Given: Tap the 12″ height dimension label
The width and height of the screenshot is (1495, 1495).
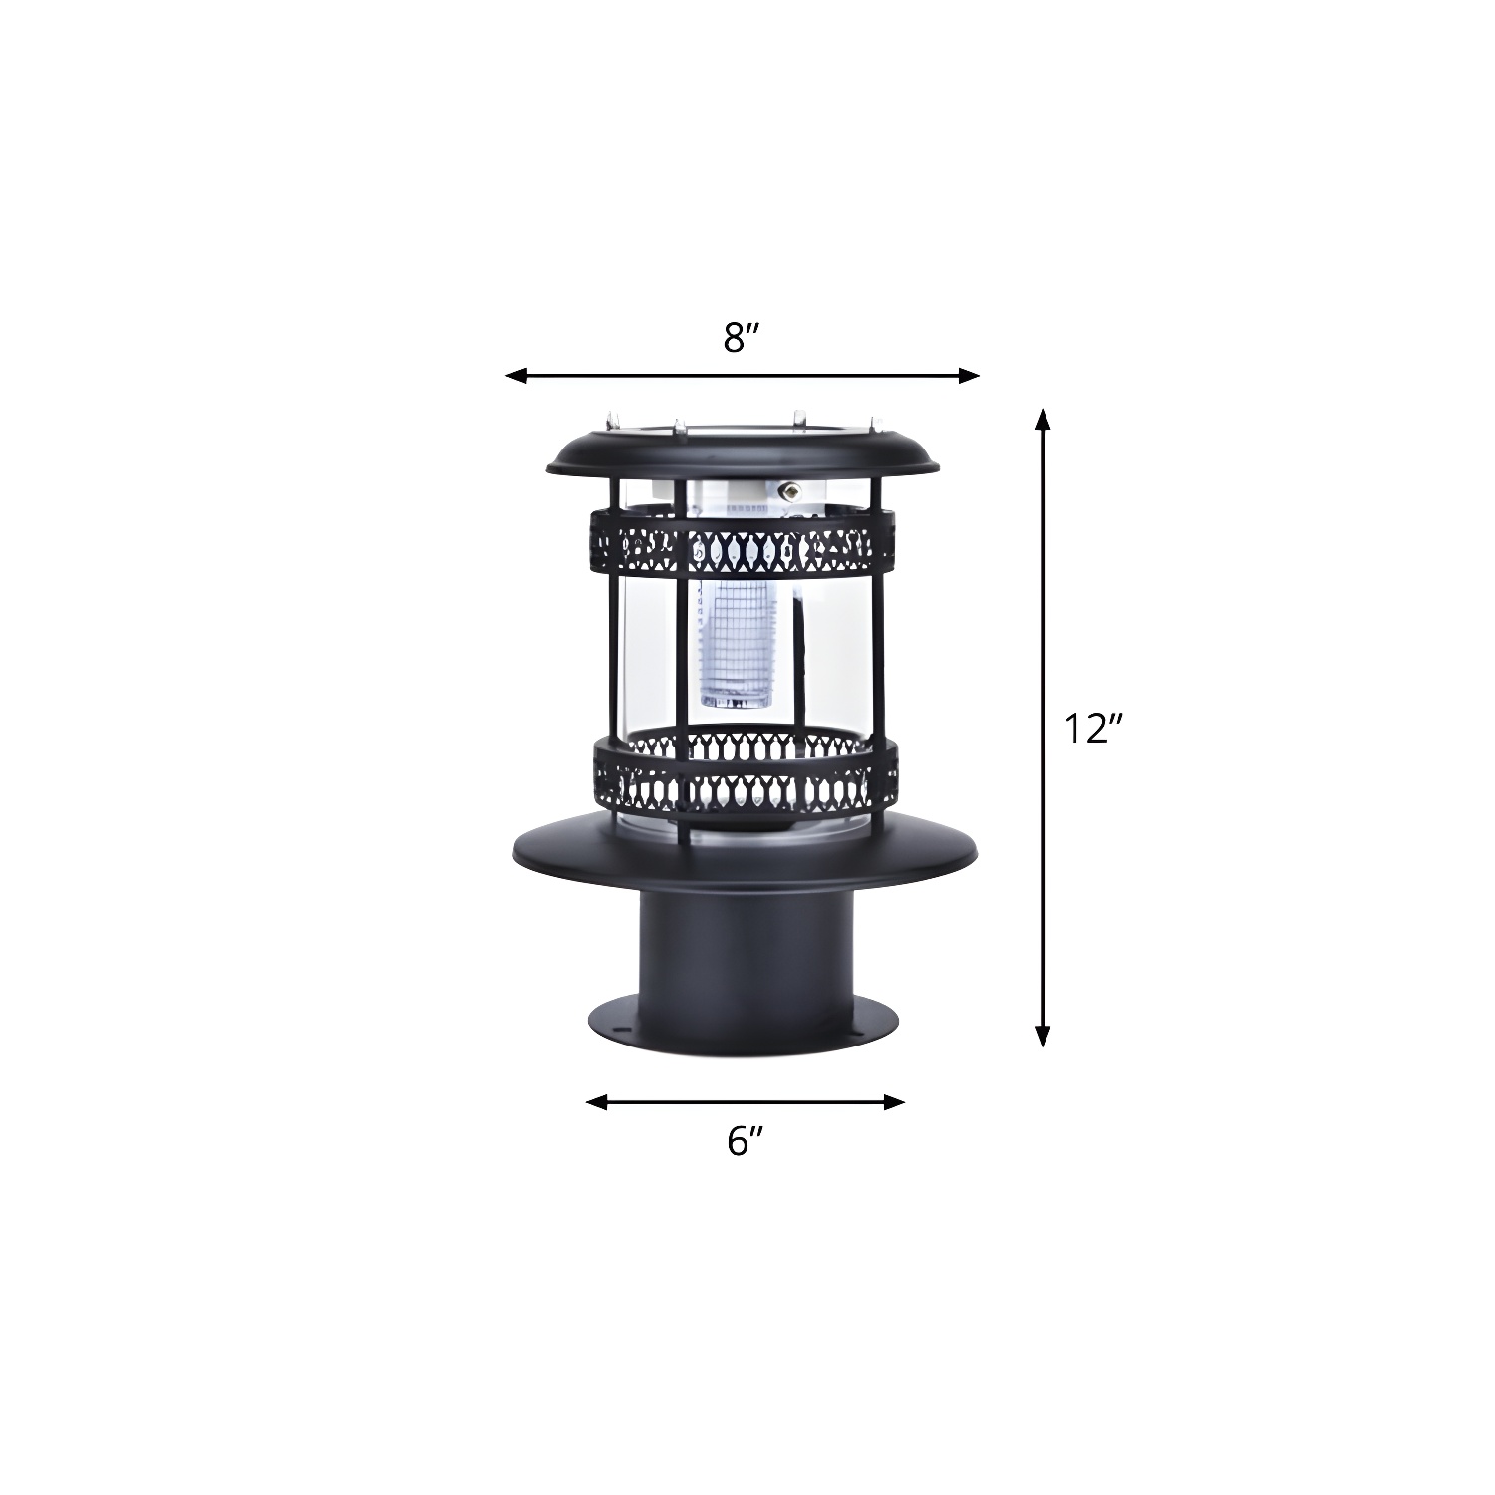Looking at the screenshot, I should [1093, 730].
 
